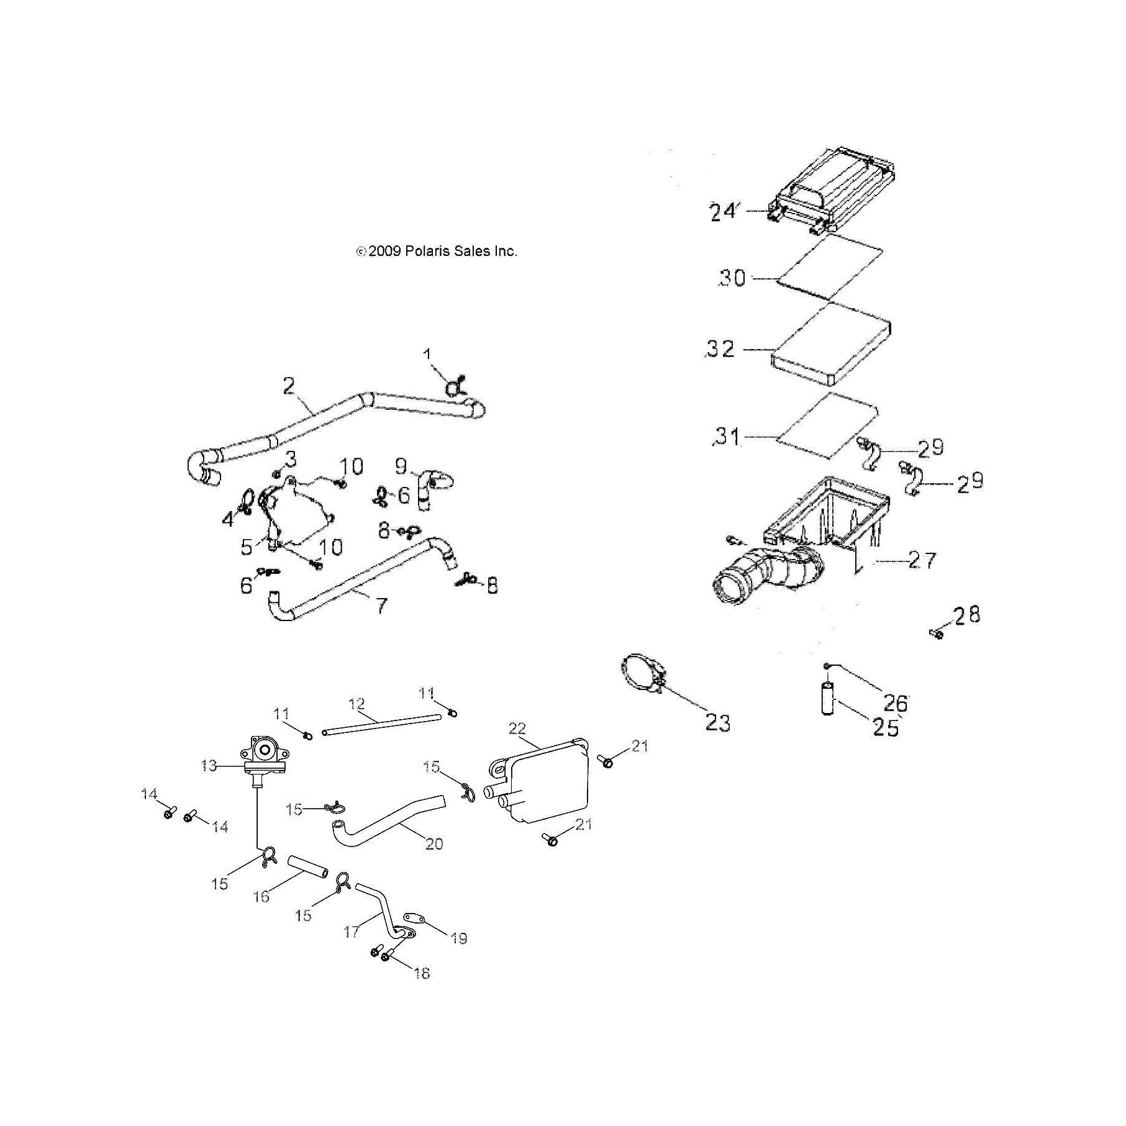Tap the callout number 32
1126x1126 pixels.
click(x=721, y=349)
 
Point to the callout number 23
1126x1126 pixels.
click(x=718, y=723)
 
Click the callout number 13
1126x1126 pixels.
click(x=209, y=766)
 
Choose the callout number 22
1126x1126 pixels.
click(x=517, y=728)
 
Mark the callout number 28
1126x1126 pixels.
click(x=967, y=614)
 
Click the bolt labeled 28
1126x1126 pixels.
click(x=937, y=634)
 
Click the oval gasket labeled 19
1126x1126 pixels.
click(x=414, y=918)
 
